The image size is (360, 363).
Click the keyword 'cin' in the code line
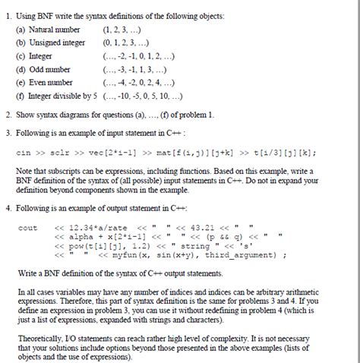pyautogui.click(x=24, y=151)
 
